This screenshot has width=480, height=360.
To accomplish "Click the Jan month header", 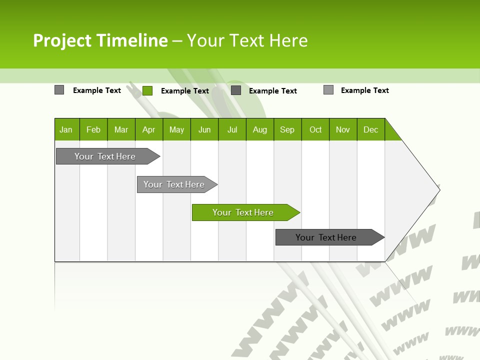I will [x=66, y=129].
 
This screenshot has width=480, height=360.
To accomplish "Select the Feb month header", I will [x=93, y=129].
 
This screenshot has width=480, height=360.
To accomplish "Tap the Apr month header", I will [x=149, y=129].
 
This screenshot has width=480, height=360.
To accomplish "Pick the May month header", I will [x=176, y=129].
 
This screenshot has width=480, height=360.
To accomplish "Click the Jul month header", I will [x=232, y=129].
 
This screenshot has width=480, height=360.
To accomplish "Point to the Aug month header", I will [x=260, y=129].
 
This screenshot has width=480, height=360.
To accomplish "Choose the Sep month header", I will [x=287, y=129].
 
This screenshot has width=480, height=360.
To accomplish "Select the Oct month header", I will [x=315, y=129].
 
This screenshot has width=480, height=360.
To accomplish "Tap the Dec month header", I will [x=371, y=129].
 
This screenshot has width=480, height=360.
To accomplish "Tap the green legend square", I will [x=147, y=90].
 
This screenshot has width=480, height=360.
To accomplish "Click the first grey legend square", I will [x=59, y=90].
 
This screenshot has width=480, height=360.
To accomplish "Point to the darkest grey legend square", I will [x=236, y=90].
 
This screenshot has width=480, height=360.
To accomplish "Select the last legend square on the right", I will [x=328, y=90].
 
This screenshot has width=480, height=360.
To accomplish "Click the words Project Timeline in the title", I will [x=100, y=40].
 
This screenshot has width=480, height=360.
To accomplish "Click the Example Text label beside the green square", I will [x=185, y=90].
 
